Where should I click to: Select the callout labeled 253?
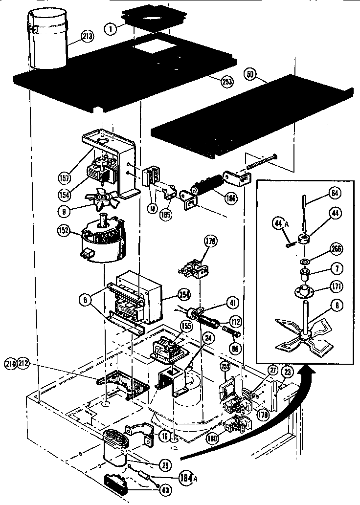click(227, 82)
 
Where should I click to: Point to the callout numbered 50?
click(251, 74)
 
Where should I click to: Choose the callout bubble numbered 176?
click(211, 241)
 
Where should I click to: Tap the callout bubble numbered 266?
click(322, 248)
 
